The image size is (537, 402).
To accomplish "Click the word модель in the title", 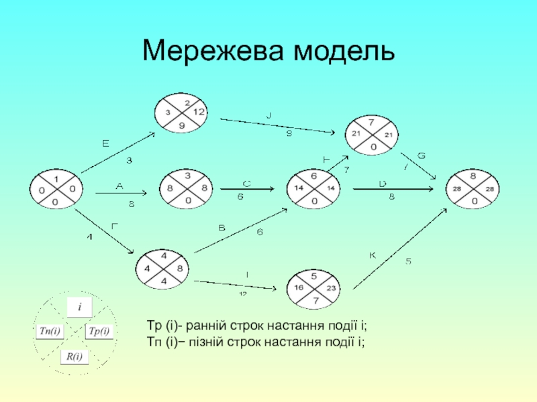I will [343, 50].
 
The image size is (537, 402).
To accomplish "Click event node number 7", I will [371, 134].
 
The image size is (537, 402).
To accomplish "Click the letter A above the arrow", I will [119, 186].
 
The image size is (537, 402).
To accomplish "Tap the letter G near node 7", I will [422, 155].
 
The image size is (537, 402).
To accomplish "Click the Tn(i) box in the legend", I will [50, 331].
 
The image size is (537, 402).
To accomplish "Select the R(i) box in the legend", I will [74, 356].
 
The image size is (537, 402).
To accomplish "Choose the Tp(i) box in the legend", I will [99, 331].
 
